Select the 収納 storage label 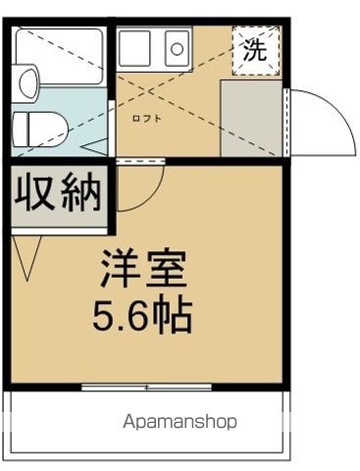[x=58, y=193]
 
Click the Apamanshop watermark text [x=180, y=423]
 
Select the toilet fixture [x=37, y=126]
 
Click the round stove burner [x=177, y=45]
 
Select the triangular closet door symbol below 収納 [x=25, y=254]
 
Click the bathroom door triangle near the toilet [x=97, y=147]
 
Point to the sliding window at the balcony [x=146, y=388]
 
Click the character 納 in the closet [x=81, y=193]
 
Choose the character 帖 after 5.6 [x=174, y=315]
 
